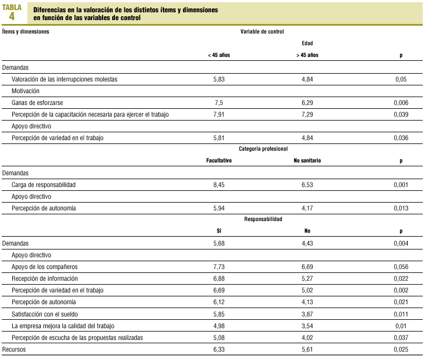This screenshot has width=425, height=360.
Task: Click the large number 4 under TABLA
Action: (12, 16)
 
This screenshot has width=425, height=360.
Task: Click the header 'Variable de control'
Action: (262, 32)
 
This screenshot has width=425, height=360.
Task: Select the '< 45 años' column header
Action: (219, 55)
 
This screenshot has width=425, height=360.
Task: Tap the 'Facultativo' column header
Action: (219, 161)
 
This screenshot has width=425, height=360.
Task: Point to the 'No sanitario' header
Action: (307, 161)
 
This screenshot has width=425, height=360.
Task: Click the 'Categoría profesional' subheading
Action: (263, 149)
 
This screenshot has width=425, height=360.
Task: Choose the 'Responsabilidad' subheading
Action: (263, 219)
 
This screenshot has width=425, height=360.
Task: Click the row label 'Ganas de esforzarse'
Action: (37, 103)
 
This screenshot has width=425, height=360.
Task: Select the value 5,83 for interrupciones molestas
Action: (219, 79)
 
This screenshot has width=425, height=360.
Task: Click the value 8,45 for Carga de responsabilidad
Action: (219, 185)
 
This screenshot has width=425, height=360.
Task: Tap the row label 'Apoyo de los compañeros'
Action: (44, 267)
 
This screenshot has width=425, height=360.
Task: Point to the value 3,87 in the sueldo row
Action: (307, 314)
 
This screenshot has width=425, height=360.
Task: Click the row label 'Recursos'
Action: (14, 349)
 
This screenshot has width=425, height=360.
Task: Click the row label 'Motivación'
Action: (26, 91)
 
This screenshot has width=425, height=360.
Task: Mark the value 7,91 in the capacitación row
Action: (219, 114)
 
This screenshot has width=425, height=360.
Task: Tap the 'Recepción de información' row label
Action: (45, 279)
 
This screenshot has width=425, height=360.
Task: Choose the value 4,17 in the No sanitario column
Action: (307, 208)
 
